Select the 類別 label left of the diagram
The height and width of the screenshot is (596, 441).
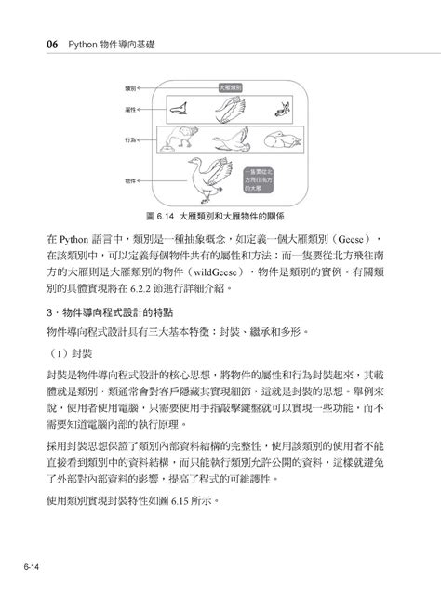click(131, 87)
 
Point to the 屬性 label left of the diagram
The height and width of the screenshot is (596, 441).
click(131, 110)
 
